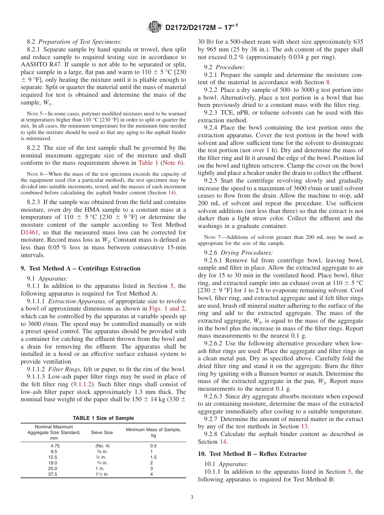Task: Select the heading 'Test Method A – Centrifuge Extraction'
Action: point(80,268)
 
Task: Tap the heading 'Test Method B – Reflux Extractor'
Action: point(252,454)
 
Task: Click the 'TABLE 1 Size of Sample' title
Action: point(103,418)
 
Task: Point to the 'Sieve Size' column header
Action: point(101,432)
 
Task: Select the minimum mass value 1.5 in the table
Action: point(151,457)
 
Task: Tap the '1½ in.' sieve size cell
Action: point(99,474)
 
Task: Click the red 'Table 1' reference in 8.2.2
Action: point(148,163)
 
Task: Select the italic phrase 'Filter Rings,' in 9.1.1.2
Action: point(63,369)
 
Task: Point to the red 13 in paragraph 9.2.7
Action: point(304,426)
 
